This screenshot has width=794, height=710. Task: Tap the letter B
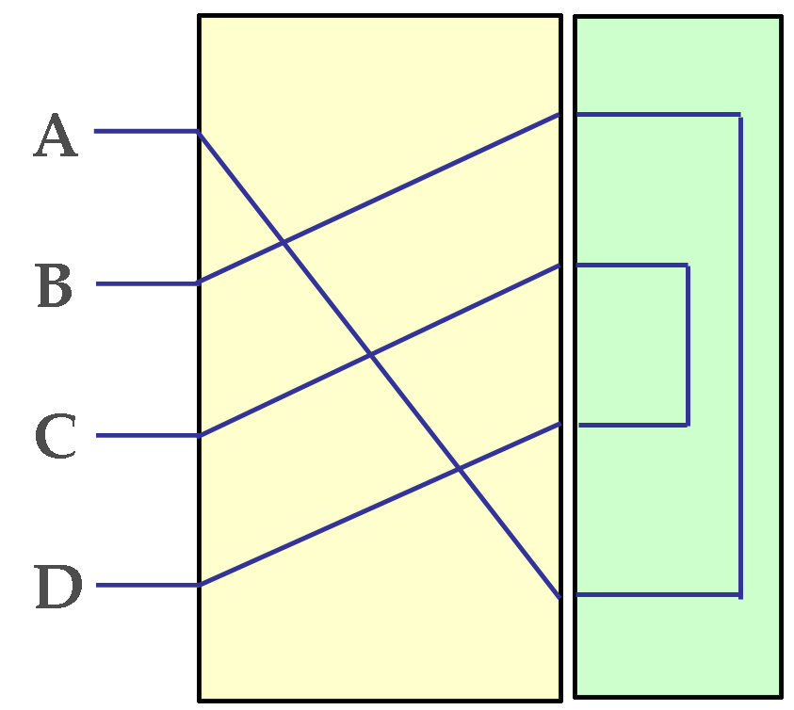pyautogui.click(x=56, y=285)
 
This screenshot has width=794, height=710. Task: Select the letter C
pyautogui.click(x=56, y=436)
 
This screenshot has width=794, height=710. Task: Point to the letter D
pyautogui.click(x=57, y=587)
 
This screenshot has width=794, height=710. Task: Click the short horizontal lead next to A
pyautogui.click(x=146, y=131)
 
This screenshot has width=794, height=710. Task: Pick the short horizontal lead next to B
pyautogui.click(x=147, y=282)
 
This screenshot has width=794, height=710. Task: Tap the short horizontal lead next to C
pyautogui.click(x=147, y=435)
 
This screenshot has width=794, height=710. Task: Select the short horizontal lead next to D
pyautogui.click(x=147, y=585)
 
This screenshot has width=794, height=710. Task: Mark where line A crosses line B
pyautogui.click(x=284, y=243)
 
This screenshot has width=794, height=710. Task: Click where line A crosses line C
pyautogui.click(x=370, y=355)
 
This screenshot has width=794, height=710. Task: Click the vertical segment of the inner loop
pyautogui.click(x=688, y=345)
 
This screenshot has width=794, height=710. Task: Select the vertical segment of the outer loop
pyautogui.click(x=740, y=355)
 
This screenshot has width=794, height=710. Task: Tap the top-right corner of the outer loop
pyautogui.click(x=740, y=115)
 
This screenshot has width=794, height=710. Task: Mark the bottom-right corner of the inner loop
pyautogui.click(x=688, y=425)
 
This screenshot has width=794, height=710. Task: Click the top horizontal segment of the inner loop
pyautogui.click(x=631, y=266)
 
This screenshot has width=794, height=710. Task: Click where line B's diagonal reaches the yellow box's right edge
pyautogui.click(x=560, y=115)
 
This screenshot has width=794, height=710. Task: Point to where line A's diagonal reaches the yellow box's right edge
pyautogui.click(x=560, y=596)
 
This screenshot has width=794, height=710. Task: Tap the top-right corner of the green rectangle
pyautogui.click(x=781, y=17)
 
